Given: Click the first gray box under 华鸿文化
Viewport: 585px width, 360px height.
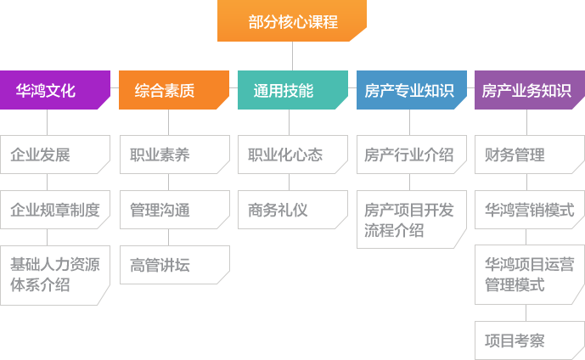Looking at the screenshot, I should (x=55, y=155).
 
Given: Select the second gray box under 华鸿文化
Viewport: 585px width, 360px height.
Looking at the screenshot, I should (x=55, y=209).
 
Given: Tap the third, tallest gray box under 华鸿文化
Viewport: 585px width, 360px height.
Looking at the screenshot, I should (x=55, y=274).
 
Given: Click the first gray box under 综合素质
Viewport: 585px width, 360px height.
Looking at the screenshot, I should (x=174, y=155).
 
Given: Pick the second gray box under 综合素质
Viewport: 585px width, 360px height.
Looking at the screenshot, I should (x=174, y=209).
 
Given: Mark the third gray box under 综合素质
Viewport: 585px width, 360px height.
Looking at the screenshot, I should (x=174, y=265).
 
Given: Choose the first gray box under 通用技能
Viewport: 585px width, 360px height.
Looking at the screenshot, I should (x=293, y=155).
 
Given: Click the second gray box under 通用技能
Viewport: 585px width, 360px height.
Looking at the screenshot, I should (x=293, y=209).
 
